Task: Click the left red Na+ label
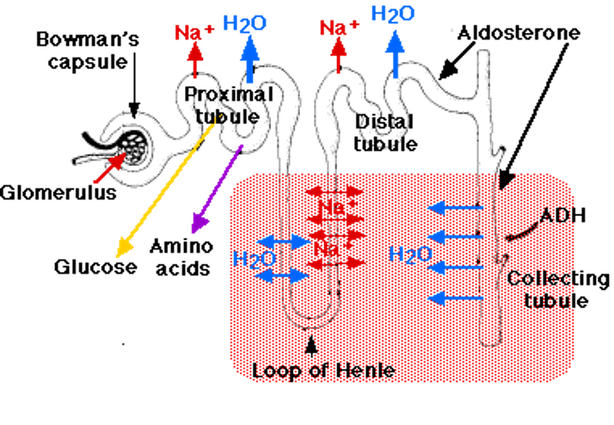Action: (194, 33)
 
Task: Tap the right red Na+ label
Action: (339, 28)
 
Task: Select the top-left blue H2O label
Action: (244, 23)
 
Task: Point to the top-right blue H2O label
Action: (394, 13)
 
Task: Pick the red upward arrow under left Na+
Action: (194, 62)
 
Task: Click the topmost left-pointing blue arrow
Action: (453, 207)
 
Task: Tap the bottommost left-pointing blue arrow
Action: (453, 298)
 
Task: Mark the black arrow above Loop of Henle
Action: (311, 346)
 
